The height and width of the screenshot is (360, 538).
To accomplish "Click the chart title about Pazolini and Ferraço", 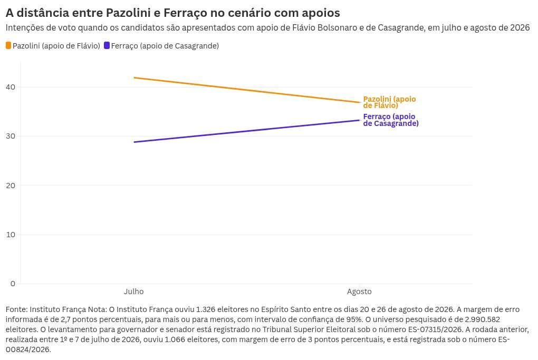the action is pyautogui.click(x=173, y=13).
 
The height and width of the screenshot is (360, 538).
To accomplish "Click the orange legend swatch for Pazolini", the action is pyautogui.click(x=8, y=45).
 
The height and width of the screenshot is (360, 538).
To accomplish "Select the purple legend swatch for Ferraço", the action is pyautogui.click(x=107, y=45).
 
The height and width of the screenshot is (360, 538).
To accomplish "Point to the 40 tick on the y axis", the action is pyautogui.click(x=11, y=87).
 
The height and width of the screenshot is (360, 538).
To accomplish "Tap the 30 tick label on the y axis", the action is pyautogui.click(x=11, y=136).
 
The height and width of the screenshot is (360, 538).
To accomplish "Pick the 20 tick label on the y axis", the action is pyautogui.click(x=11, y=186).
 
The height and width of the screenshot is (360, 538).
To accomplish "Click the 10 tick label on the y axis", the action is pyautogui.click(x=11, y=235).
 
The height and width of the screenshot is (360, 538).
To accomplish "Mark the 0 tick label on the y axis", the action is pyautogui.click(x=13, y=284).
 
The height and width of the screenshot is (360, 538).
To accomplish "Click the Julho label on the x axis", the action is pyautogui.click(x=134, y=291).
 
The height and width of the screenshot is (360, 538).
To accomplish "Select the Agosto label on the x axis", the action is pyautogui.click(x=359, y=291).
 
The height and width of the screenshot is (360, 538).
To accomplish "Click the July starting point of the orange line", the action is pyautogui.click(x=134, y=78).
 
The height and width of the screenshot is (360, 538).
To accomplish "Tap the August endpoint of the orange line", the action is pyautogui.click(x=359, y=102).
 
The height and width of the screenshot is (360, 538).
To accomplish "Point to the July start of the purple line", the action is pyautogui.click(x=134, y=142).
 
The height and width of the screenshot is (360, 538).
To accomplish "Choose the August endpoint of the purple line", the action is pyautogui.click(x=359, y=120).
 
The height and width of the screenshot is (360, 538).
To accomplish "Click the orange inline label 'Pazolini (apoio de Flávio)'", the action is pyautogui.click(x=389, y=102).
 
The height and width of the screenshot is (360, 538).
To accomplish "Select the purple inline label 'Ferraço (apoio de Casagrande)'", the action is pyautogui.click(x=391, y=120).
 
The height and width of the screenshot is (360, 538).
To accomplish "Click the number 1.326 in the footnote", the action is pyautogui.click(x=206, y=309).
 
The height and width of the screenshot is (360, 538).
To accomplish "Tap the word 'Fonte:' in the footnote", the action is pyautogui.click(x=17, y=309).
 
